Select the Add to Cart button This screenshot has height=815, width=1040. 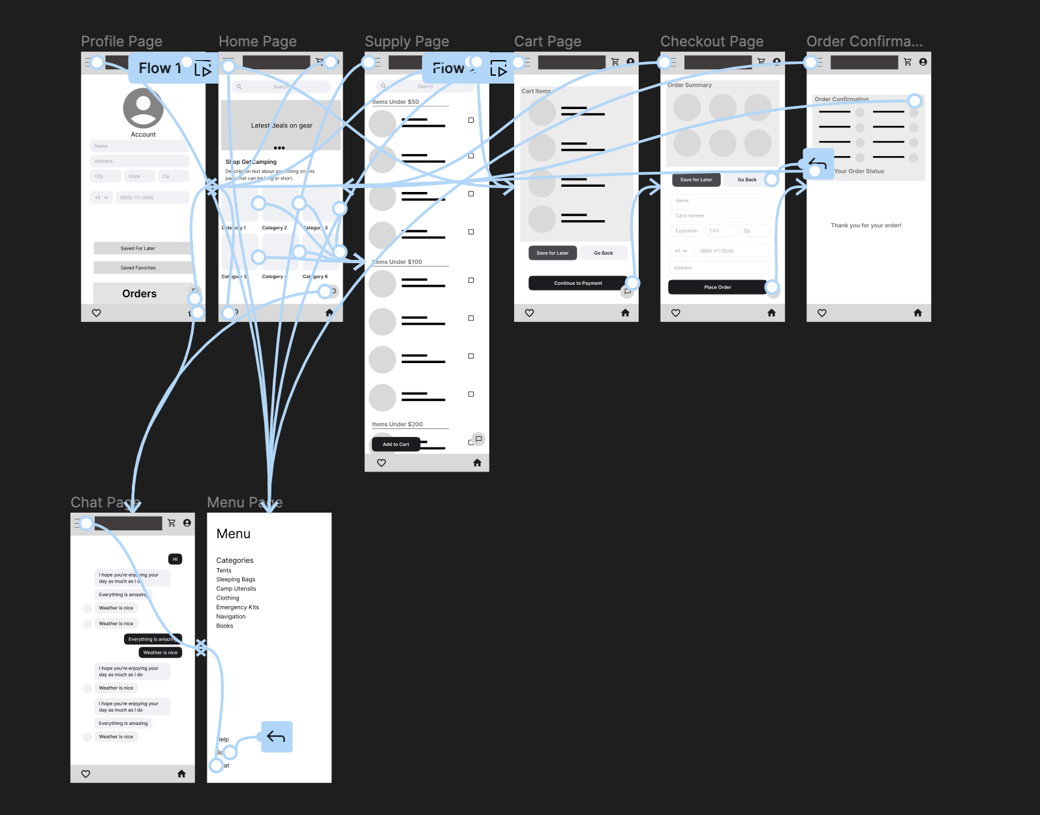pos(395,444)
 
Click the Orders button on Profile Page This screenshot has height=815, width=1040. pos(140,294)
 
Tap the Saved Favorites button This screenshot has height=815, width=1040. pos(138,268)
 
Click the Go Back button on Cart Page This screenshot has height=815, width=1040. pos(603,253)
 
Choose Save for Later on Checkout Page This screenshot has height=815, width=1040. pos(696,180)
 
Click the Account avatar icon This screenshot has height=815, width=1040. pos(143,108)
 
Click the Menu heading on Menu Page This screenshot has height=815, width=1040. pos(234,534)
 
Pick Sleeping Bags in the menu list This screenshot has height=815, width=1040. pos(236,579)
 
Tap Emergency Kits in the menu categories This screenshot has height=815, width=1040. pos(237,607)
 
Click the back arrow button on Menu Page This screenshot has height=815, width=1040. pos(277,737)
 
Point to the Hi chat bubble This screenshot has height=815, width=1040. pos(175,559)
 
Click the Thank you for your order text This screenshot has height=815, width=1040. pos(866,225)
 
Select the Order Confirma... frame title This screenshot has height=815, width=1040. pos(864,42)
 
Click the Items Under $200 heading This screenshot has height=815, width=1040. pos(397,424)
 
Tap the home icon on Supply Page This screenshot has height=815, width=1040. pos(477,462)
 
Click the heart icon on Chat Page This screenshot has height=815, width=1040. pos(85,774)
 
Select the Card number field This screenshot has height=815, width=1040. pos(720,216)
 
